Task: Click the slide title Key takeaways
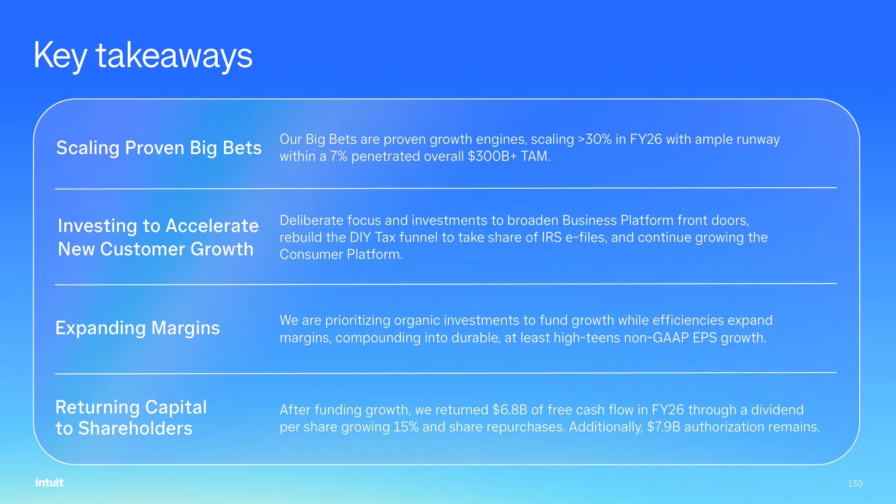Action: (x=143, y=56)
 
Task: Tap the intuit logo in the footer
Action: (x=49, y=482)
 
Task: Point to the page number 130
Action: (x=855, y=483)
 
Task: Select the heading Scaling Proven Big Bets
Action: (x=159, y=148)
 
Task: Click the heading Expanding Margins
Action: (x=138, y=328)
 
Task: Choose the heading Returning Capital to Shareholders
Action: (x=131, y=418)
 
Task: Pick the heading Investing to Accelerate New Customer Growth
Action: (x=158, y=237)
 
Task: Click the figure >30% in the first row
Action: (x=594, y=139)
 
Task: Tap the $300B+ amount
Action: (x=492, y=156)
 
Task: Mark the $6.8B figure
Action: (x=510, y=410)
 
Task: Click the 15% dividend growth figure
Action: (x=406, y=427)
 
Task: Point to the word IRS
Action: (x=551, y=237)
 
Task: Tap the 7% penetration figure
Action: (x=339, y=156)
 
